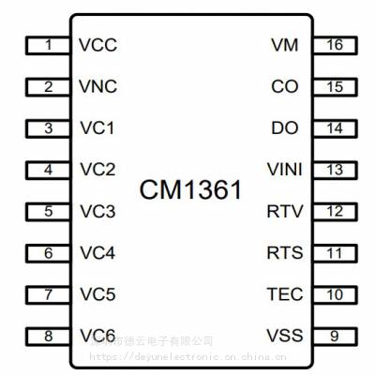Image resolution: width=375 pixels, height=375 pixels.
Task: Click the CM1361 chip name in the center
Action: (190, 190)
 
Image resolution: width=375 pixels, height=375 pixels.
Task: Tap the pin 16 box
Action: (335, 45)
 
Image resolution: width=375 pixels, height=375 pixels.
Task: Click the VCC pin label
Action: (98, 45)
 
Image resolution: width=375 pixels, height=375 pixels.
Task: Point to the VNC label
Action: (98, 87)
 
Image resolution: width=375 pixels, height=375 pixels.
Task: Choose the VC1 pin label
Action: (97, 128)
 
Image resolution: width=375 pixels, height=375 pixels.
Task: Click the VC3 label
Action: (97, 211)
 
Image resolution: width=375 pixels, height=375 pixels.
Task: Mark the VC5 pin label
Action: (97, 294)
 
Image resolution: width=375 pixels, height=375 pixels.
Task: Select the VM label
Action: (285, 45)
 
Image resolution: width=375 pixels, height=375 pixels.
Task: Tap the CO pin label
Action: (284, 87)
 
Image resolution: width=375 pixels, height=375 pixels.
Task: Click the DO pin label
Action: (284, 128)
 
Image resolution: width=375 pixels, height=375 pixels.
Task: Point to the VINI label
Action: (284, 170)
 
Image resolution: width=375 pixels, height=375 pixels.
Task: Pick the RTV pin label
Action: (284, 211)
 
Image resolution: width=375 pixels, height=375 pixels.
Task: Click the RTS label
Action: (284, 253)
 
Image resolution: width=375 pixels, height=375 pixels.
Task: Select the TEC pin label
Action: (284, 294)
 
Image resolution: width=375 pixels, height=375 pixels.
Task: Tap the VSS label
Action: (284, 336)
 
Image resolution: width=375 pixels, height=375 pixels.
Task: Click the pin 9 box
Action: (335, 336)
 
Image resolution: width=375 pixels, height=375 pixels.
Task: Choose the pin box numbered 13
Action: (335, 170)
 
